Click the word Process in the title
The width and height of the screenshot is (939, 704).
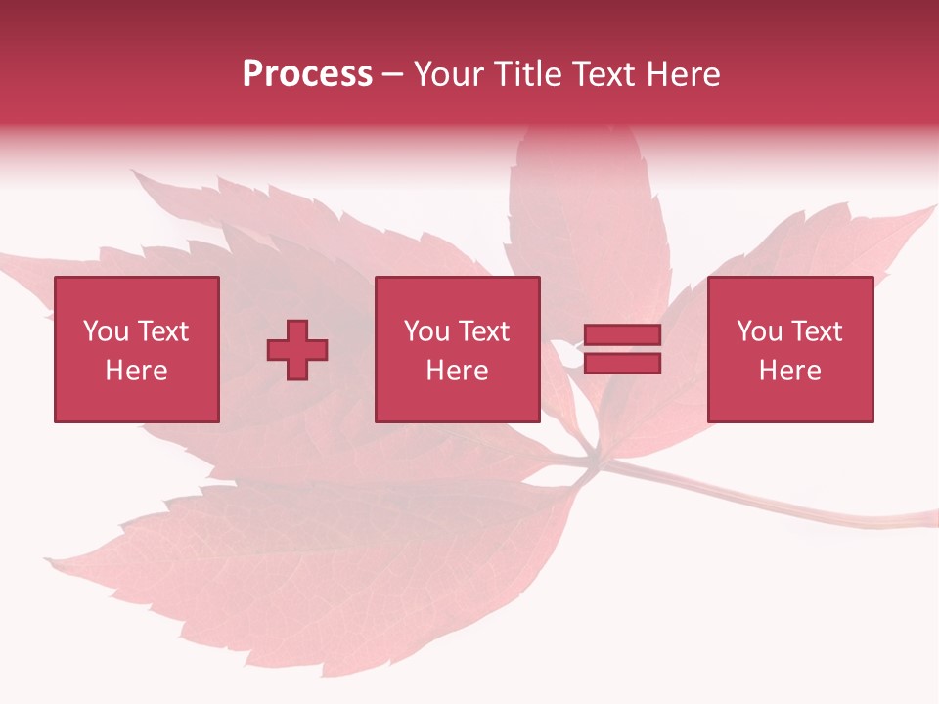[x=307, y=74]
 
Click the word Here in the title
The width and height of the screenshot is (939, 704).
[x=684, y=74]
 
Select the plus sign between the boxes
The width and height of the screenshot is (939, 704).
[x=297, y=350]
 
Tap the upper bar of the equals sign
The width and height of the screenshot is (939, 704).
[x=622, y=335]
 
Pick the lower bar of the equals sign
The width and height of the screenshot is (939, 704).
[x=622, y=364]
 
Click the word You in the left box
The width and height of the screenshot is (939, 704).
[x=107, y=331]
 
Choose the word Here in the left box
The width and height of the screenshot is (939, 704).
[x=136, y=371]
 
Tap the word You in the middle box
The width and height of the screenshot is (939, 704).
[x=427, y=331]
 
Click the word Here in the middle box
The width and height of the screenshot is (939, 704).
[x=457, y=371]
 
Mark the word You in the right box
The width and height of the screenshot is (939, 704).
[x=760, y=331]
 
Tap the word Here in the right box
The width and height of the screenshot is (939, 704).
[x=789, y=371]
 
